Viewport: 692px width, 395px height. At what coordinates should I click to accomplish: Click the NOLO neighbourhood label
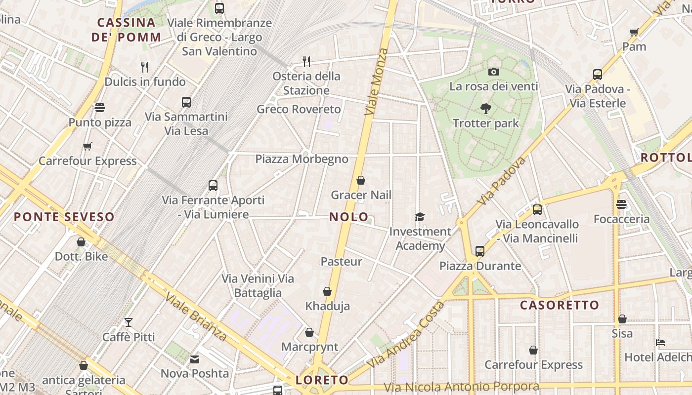[349, 217]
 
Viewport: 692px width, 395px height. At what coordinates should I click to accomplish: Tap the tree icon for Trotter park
[486, 109]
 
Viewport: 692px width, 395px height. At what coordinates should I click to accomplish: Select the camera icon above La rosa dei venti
[493, 72]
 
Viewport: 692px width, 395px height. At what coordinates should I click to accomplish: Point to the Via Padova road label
[502, 181]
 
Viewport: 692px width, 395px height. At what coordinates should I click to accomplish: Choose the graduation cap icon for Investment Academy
[420, 217]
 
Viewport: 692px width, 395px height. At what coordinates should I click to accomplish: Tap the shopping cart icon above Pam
[634, 32]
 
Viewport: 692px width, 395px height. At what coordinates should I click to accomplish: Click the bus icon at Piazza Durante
[479, 251]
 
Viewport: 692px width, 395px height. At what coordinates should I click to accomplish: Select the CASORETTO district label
[560, 305]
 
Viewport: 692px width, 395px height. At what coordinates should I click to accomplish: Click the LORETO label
[322, 380]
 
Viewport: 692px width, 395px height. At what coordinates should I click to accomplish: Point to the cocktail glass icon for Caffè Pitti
[129, 322]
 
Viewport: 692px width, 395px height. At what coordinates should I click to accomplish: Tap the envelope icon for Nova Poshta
[195, 359]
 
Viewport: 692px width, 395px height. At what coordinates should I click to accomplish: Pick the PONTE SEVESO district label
[64, 217]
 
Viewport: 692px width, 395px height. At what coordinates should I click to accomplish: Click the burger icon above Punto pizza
[100, 108]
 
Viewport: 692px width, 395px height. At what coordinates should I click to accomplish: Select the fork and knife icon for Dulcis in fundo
[145, 66]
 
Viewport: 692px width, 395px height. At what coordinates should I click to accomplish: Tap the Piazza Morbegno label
[302, 159]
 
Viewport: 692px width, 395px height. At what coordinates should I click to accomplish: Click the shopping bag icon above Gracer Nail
[361, 180]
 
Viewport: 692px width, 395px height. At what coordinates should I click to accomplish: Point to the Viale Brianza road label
[196, 316]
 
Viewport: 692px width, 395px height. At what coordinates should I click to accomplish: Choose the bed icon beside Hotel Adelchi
[660, 343]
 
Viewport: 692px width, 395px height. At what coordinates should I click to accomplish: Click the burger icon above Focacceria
[621, 204]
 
